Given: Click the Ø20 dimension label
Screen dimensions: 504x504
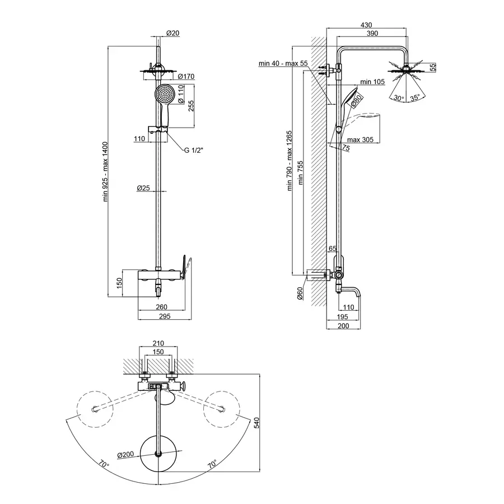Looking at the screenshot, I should [174, 34].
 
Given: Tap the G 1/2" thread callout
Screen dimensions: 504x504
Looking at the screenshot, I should [194, 151].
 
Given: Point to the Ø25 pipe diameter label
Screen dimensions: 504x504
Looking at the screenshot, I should [143, 189].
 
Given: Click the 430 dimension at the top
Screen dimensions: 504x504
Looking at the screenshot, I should [366, 25].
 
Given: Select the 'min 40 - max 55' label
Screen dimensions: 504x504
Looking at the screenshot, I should [283, 64].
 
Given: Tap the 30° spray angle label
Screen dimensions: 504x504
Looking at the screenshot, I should [398, 97].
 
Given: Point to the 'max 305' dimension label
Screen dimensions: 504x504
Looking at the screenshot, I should [360, 139].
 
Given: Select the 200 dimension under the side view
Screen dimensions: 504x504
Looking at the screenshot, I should [343, 326].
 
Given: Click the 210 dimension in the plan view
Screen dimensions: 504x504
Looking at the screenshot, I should [158, 343].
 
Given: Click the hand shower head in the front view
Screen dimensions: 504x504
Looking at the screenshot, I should [164, 94].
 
